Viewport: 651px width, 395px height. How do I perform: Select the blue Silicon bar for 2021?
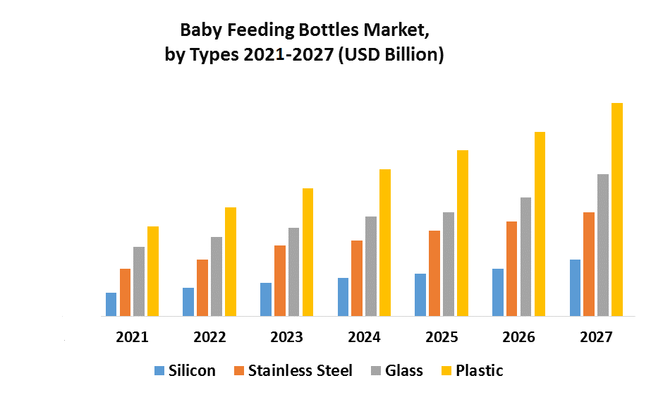[111, 304]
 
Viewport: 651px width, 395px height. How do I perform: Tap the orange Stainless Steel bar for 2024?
[357, 278]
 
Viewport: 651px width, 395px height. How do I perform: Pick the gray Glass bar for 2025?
[449, 264]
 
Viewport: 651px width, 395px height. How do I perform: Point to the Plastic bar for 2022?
[231, 262]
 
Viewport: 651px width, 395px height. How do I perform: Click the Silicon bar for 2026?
[498, 292]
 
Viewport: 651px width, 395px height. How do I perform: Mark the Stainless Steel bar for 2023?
[280, 281]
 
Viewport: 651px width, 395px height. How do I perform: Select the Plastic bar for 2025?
[463, 233]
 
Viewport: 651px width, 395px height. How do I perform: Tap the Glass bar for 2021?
[139, 281]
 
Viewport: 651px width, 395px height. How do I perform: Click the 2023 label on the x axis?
[287, 337]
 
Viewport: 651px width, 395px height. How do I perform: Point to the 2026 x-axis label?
[518, 337]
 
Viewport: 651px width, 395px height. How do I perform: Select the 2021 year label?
[132, 337]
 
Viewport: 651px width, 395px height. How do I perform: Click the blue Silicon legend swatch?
[159, 370]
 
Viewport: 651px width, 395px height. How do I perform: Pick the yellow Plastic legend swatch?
[446, 370]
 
